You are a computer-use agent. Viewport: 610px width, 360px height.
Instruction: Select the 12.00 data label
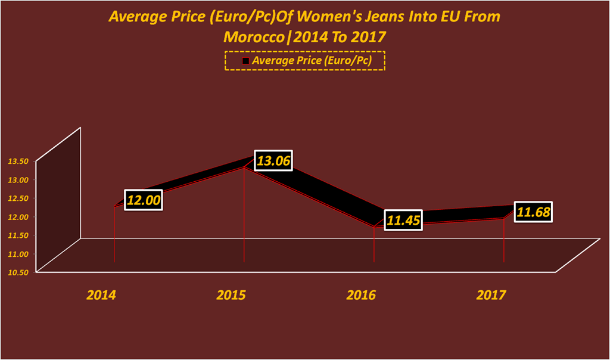pos(144,200)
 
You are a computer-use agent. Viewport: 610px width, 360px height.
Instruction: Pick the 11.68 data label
pos(533,212)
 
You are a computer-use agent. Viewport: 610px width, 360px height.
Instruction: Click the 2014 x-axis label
pos(101,294)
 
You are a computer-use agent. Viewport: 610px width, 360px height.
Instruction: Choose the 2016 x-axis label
pos(361,294)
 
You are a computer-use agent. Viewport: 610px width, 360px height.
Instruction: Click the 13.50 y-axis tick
pos(18,161)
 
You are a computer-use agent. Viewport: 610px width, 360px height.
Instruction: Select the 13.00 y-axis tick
pos(18,179)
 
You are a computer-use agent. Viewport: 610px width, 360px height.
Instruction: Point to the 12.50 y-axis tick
pos(18,198)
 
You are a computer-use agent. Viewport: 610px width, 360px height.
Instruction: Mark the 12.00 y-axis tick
pos(18,216)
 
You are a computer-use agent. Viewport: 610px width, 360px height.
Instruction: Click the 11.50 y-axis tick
pos(18,235)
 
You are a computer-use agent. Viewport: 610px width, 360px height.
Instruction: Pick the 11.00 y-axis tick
pos(18,253)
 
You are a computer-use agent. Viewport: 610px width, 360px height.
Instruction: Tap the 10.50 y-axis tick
pos(18,272)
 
